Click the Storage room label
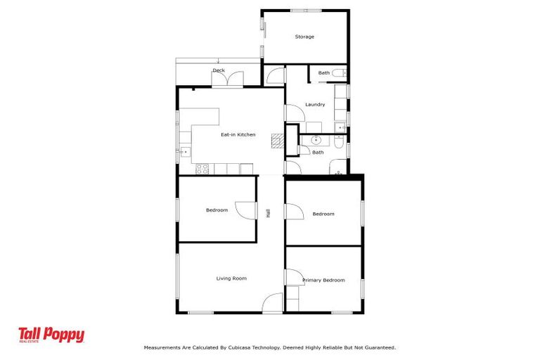click(304, 37)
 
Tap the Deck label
click(219, 70)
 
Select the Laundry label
click(314, 105)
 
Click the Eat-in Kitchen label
click(238, 134)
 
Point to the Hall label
click(268, 212)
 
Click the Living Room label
click(231, 278)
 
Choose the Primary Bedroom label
click(323, 280)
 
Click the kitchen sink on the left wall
click(184, 151)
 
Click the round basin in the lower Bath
click(316, 141)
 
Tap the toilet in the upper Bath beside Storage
click(338, 73)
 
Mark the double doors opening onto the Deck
click(229, 79)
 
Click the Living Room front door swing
click(272, 304)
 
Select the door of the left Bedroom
click(245, 210)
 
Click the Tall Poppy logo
click(51, 335)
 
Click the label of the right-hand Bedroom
click(323, 214)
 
